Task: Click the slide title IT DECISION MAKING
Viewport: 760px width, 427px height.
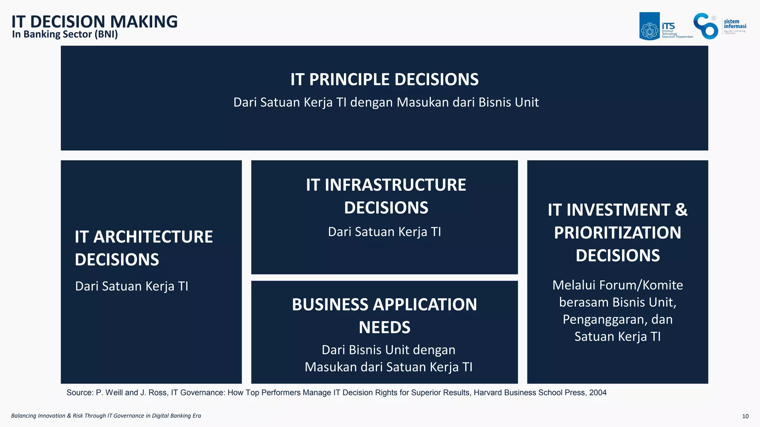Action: click(94, 22)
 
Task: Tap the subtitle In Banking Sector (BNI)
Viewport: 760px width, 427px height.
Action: click(65, 35)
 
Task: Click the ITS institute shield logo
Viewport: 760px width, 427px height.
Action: click(649, 26)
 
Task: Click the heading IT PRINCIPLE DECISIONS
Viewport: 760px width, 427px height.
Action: click(384, 79)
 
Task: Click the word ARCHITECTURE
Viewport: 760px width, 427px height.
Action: click(153, 237)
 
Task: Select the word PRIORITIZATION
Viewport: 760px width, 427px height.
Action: click(617, 233)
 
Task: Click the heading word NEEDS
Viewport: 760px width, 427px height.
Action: click(384, 327)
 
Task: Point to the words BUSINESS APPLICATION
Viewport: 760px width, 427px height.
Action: click(384, 305)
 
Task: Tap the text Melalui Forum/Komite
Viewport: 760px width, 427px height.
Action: click(617, 285)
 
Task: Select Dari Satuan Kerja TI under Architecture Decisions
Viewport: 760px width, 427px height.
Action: click(132, 286)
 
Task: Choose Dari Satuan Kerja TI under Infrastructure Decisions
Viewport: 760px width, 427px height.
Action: click(384, 232)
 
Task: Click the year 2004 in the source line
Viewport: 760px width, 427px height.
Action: click(598, 392)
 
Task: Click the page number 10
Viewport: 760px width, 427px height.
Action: click(745, 416)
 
